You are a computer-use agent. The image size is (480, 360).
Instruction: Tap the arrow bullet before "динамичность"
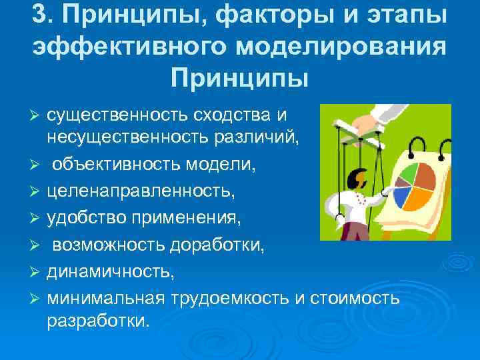[37, 273]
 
